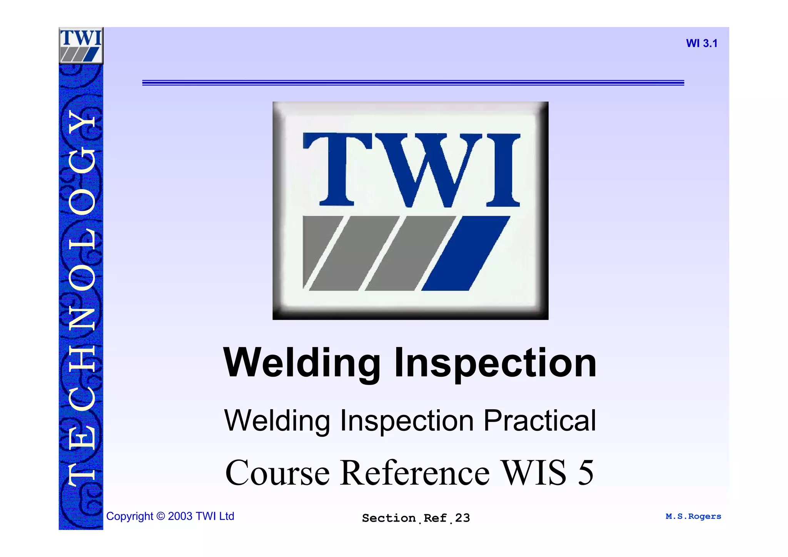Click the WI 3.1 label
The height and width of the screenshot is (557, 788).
(701, 43)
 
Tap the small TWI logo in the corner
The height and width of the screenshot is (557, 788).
(81, 45)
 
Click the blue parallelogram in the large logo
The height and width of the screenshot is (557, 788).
(466, 253)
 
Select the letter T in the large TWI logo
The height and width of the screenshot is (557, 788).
(337, 169)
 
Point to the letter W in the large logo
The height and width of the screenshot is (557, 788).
(427, 169)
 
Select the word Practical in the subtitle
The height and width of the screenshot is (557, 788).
(539, 420)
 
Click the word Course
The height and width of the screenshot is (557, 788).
(277, 473)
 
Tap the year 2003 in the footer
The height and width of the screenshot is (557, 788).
(180, 516)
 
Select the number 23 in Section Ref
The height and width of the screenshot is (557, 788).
(462, 518)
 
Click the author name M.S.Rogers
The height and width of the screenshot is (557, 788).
(693, 516)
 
